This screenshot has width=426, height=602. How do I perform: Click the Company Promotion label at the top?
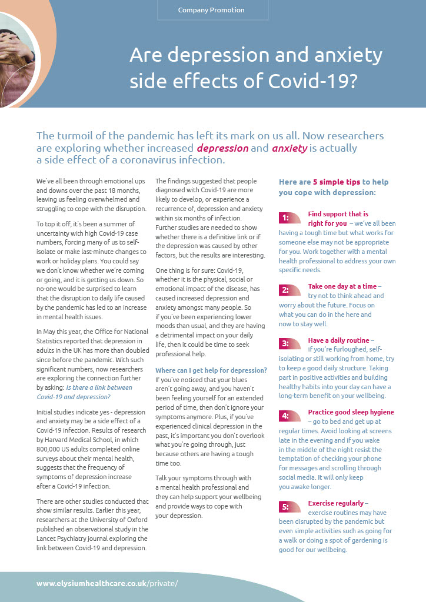[x=211, y=10]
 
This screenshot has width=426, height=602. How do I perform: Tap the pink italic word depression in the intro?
[x=222, y=148]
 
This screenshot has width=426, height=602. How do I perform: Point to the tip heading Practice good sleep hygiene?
[x=351, y=412]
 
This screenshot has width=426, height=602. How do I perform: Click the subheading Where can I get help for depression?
[x=211, y=370]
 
